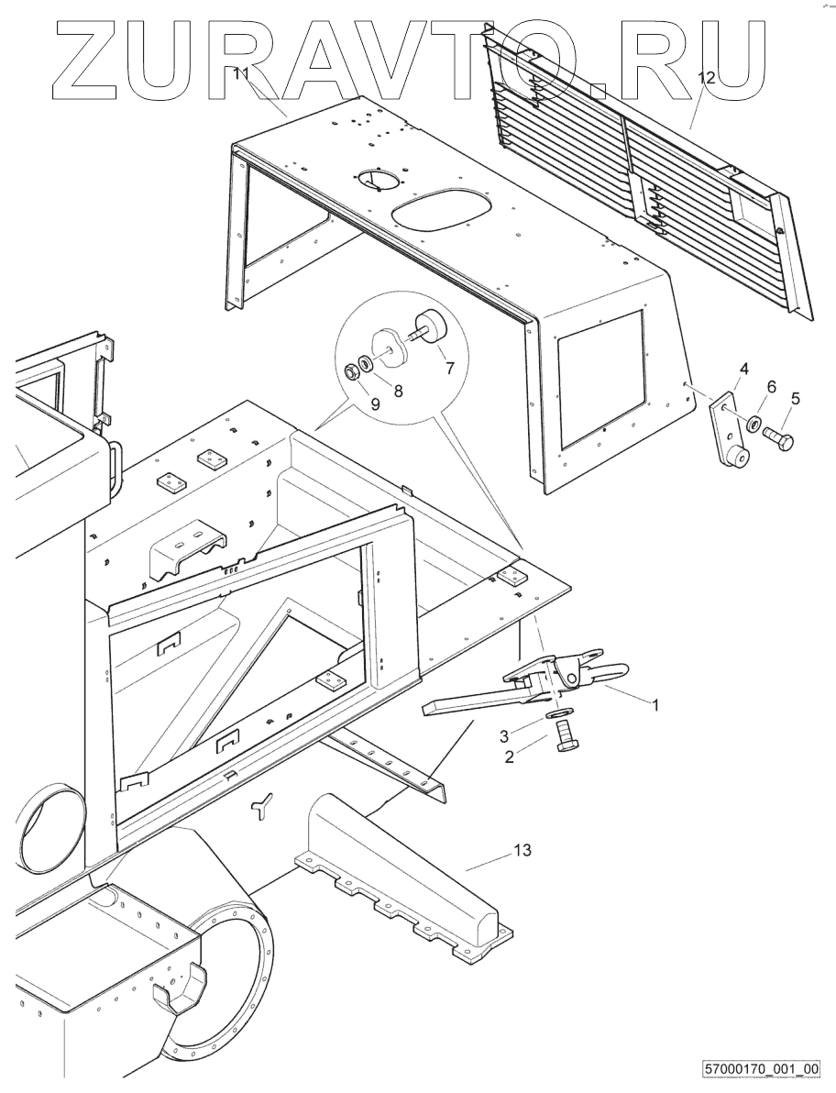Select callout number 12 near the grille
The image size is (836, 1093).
pyautogui.click(x=705, y=79)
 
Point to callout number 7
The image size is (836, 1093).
pyautogui.click(x=449, y=369)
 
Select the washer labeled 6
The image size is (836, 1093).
pyautogui.click(x=753, y=425)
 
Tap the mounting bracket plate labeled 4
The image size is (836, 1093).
pyautogui.click(x=728, y=431)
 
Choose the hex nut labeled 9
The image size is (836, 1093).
pyautogui.click(x=351, y=372)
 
